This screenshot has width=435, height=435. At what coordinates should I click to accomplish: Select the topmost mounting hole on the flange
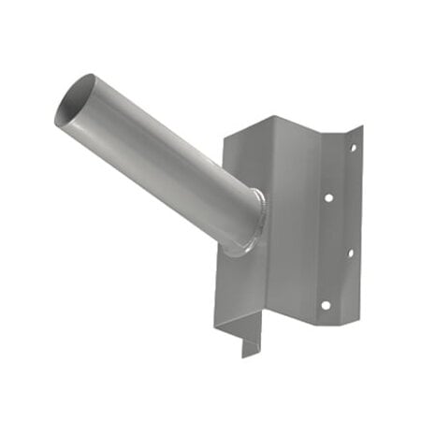point(355,145)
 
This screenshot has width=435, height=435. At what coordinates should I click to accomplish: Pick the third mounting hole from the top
point(350,252)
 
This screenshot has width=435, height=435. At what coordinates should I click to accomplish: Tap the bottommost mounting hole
point(324,304)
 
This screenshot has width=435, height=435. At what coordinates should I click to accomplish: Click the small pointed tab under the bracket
point(249,349)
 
